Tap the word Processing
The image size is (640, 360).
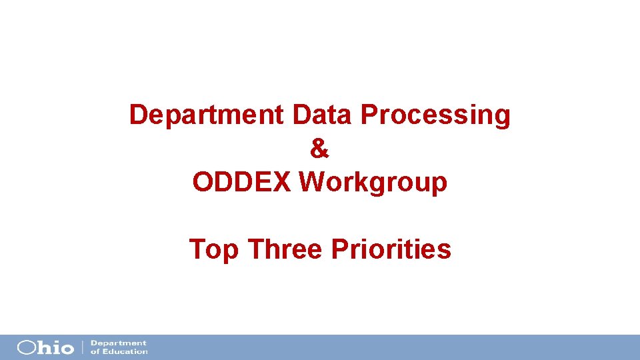(436, 115)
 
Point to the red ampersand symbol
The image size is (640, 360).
(320, 149)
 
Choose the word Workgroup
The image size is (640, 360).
(373, 181)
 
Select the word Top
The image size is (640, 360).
(214, 250)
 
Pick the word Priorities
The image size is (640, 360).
(391, 249)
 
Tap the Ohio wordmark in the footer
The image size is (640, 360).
(46, 347)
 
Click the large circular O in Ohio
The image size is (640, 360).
(27, 347)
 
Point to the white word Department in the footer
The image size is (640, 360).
(118, 343)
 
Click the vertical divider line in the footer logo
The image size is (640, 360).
(83, 347)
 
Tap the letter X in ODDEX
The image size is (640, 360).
(282, 181)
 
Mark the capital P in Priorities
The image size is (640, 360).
(339, 249)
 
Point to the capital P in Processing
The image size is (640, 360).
(369, 115)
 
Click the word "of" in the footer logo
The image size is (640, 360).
(94, 351)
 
